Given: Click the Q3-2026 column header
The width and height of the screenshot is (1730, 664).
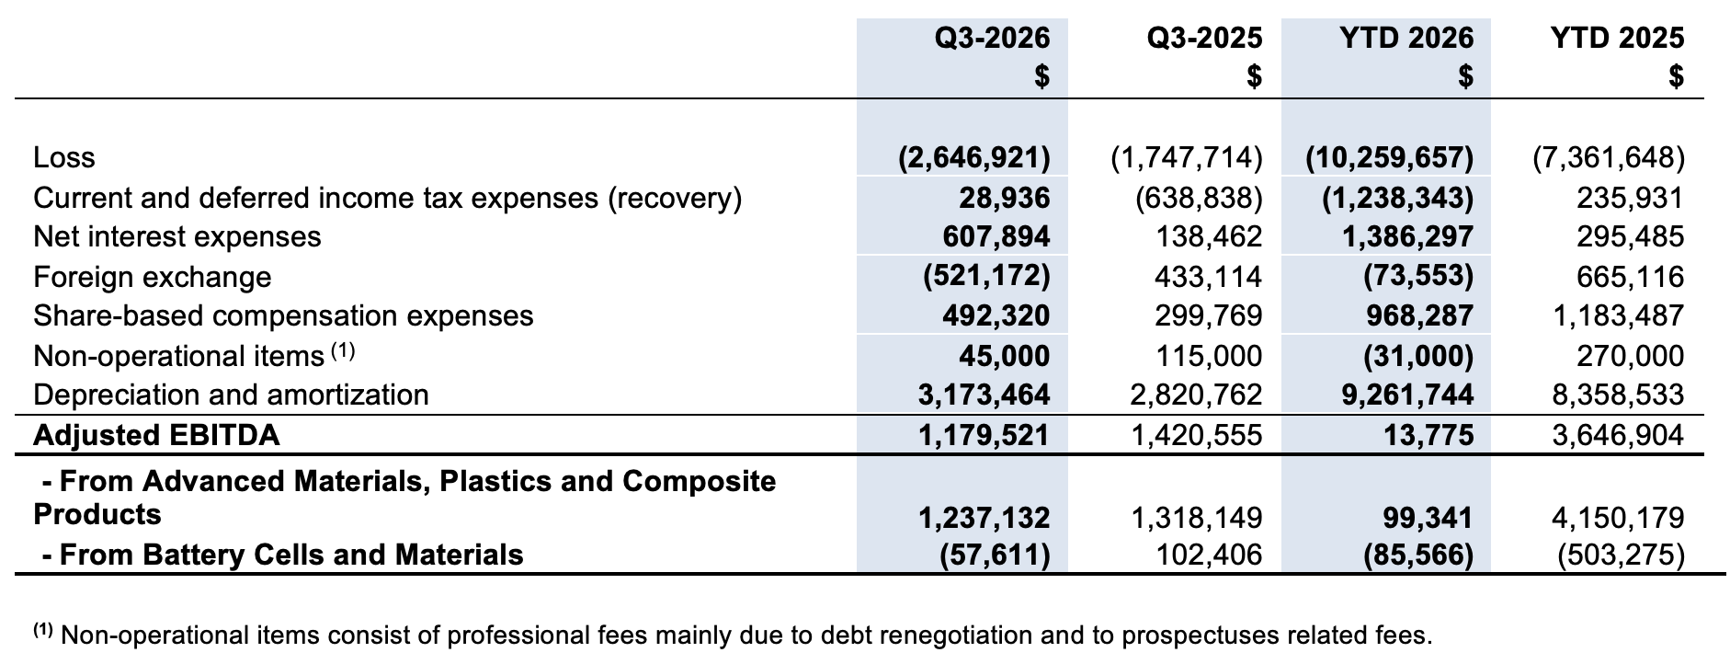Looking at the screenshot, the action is (992, 38).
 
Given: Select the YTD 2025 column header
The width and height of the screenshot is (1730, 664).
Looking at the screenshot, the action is (1617, 38).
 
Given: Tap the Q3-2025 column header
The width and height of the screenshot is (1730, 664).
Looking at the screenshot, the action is (1204, 38).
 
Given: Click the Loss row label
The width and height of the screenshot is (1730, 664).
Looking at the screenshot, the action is (64, 158).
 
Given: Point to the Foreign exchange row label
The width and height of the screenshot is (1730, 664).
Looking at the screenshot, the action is (153, 277).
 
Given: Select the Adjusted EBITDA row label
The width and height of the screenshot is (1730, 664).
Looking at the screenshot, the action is (156, 435).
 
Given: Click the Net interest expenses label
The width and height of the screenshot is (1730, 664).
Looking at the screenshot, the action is (177, 237).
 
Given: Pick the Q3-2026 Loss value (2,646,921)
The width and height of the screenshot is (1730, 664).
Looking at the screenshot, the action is (974, 158).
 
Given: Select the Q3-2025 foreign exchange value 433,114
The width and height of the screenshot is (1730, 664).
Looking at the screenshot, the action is (1209, 277).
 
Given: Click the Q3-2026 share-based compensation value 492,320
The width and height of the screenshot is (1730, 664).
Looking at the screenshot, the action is (996, 316).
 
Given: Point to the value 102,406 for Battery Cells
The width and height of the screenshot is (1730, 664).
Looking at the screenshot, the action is (1209, 555).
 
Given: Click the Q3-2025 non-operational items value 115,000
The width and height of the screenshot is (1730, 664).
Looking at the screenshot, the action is (1209, 356).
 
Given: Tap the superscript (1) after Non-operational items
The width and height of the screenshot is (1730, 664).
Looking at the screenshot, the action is (343, 350).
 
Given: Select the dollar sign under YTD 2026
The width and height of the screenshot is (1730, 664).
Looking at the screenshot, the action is (1466, 76).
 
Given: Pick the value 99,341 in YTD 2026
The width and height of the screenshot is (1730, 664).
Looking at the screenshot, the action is (1428, 518).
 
